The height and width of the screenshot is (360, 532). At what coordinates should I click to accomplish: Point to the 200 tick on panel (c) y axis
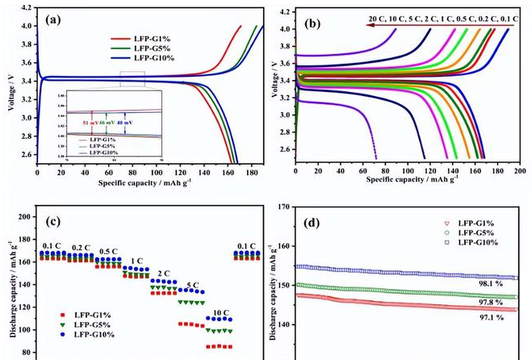pyautogui.click(x=27, y=217)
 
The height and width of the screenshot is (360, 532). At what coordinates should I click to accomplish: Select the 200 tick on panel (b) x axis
pyautogui.click(x=519, y=171)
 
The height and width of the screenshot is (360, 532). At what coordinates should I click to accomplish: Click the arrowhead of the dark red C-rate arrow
pyautogui.click(x=365, y=25)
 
